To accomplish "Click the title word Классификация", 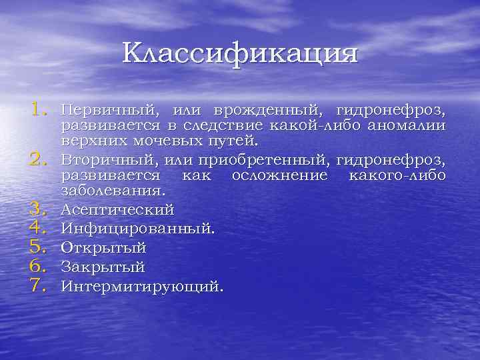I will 240,53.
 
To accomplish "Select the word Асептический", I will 117,209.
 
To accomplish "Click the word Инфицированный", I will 137,229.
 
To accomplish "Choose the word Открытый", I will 103,248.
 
